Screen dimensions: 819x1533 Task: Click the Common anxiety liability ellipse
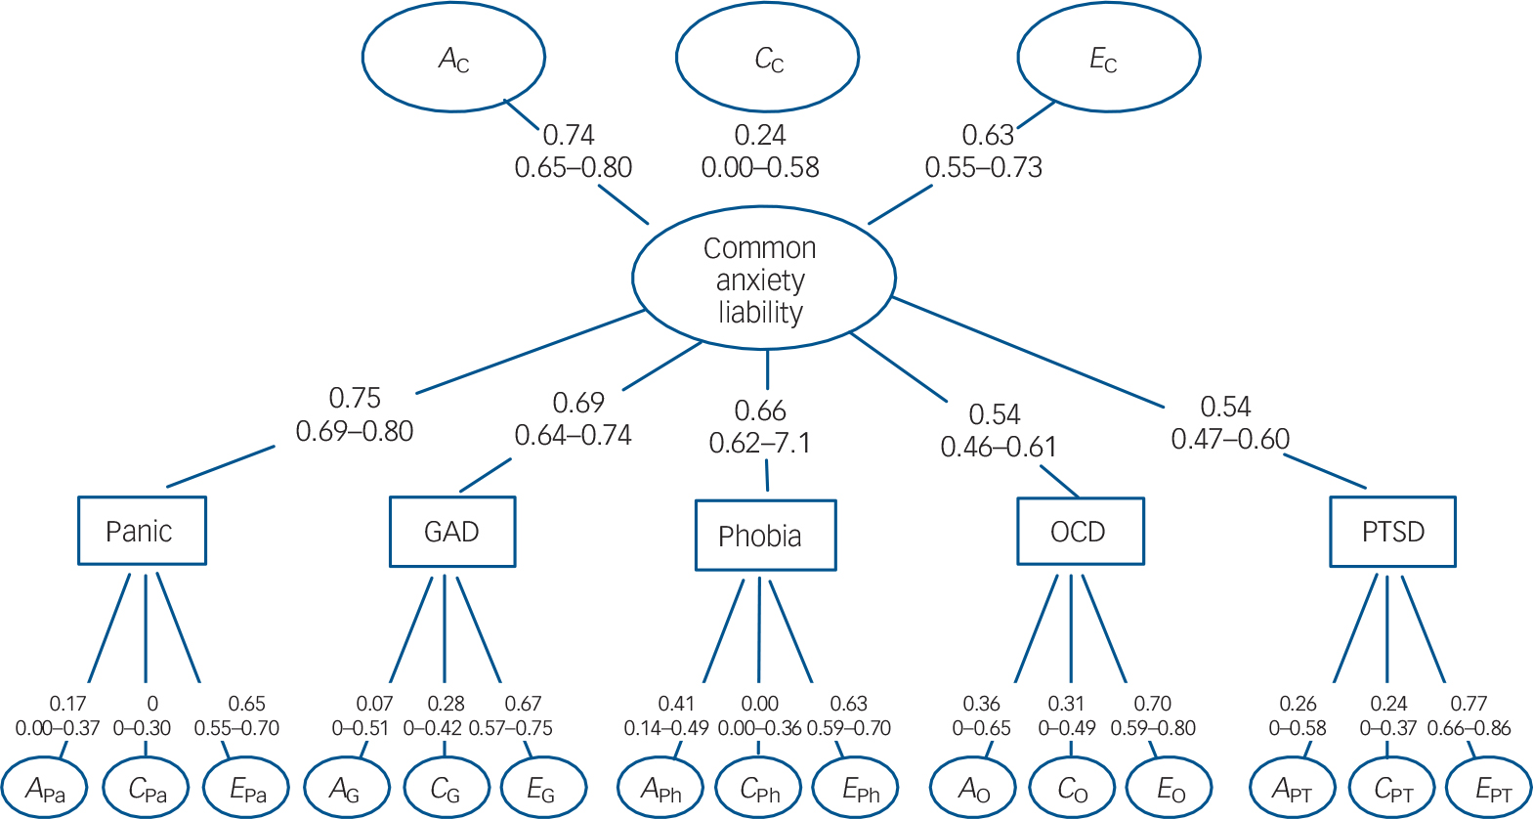(x=763, y=279)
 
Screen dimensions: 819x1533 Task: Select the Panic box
(x=142, y=531)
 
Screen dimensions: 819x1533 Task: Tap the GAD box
(x=451, y=532)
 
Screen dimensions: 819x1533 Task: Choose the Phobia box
(x=765, y=536)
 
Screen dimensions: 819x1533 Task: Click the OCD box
(x=1080, y=532)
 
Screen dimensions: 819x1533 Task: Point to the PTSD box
(x=1392, y=532)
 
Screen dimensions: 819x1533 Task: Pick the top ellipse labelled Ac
(x=453, y=58)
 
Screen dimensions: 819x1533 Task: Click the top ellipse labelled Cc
(x=768, y=58)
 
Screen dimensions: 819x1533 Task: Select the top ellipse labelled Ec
(x=1108, y=58)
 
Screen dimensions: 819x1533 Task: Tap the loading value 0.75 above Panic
(x=355, y=399)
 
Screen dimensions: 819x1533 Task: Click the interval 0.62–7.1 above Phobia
(x=760, y=444)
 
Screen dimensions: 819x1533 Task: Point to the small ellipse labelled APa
(x=45, y=789)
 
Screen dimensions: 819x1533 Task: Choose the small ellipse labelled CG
(x=445, y=789)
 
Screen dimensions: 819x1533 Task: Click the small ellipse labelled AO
(x=973, y=789)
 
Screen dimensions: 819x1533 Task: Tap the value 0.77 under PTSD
(x=1469, y=704)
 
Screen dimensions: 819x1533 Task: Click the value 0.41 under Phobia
(x=676, y=704)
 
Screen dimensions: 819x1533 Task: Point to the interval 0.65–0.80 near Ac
(x=574, y=168)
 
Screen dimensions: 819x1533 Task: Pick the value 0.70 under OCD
(x=1153, y=704)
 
